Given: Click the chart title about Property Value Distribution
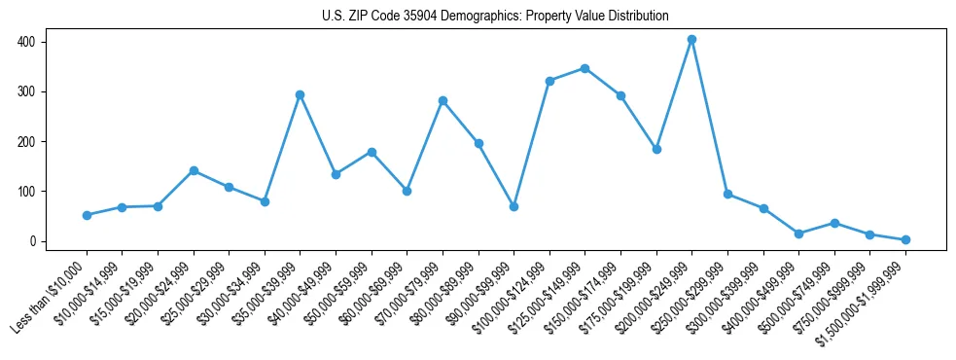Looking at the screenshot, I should click(495, 16).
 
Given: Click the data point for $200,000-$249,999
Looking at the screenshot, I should click(691, 40).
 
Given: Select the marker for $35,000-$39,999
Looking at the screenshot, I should click(300, 94).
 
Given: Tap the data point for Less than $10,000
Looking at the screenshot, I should click(87, 215).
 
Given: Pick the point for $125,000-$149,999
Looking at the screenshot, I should click(584, 68).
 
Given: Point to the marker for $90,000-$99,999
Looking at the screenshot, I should click(513, 206).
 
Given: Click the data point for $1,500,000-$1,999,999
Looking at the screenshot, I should click(905, 239).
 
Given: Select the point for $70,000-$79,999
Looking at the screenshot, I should click(443, 100).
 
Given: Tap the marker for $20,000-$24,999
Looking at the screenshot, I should click(194, 170).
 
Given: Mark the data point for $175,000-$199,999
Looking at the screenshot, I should click(656, 149).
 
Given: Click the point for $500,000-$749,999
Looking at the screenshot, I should click(834, 223).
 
